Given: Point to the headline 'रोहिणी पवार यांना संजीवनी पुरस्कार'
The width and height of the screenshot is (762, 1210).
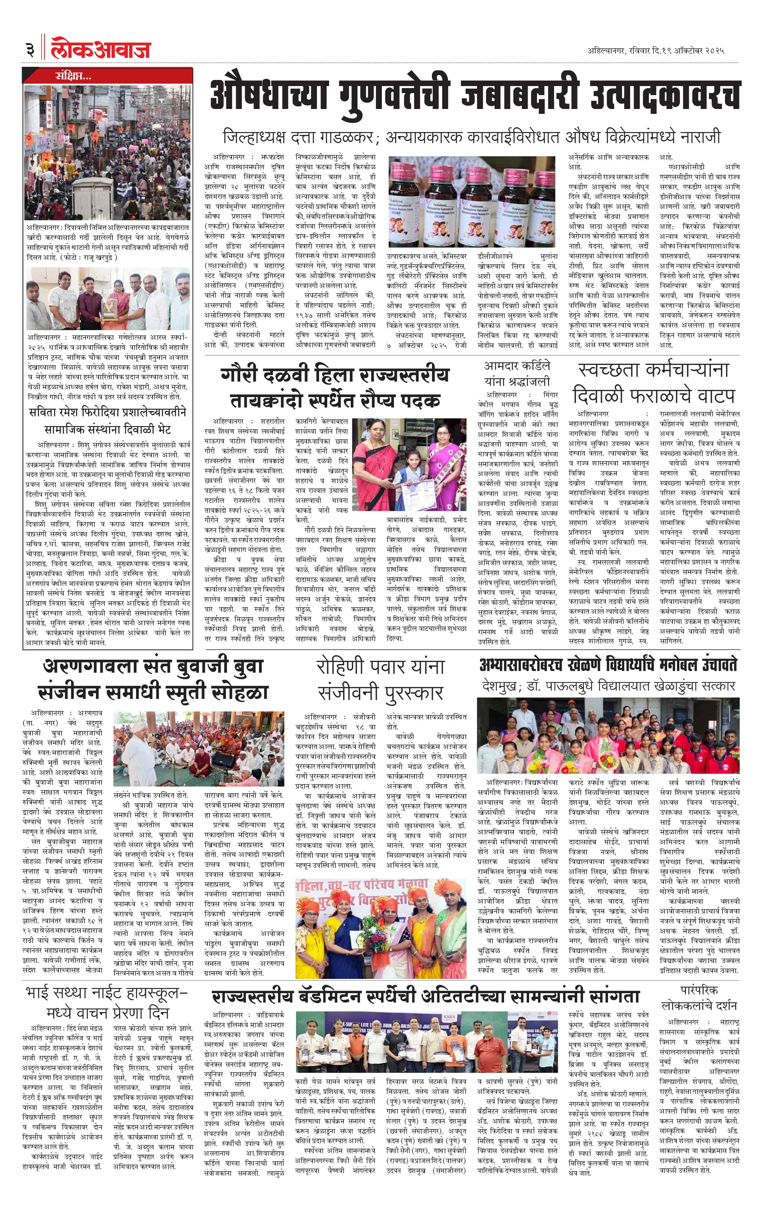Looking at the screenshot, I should coord(381,679).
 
